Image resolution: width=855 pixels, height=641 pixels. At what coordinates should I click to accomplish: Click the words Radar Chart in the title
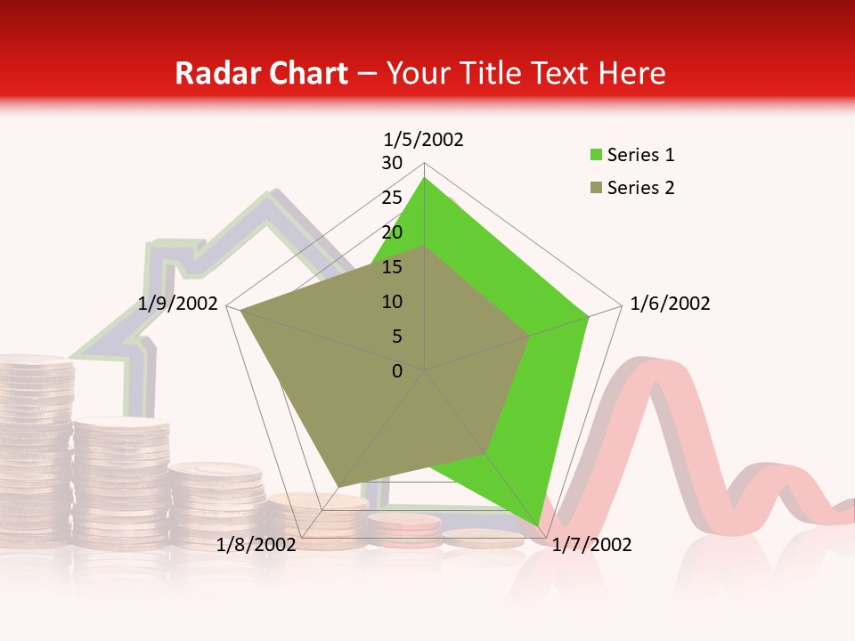[x=261, y=73]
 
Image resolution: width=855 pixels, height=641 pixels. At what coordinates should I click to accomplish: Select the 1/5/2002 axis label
[x=424, y=139]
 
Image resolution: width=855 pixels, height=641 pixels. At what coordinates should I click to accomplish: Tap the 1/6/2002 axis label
[x=670, y=304]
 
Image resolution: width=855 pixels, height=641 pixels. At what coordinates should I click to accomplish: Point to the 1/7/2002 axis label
[x=591, y=545]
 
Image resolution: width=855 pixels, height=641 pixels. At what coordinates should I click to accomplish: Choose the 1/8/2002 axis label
[x=256, y=545]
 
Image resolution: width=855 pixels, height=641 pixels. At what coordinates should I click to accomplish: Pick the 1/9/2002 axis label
[x=178, y=304]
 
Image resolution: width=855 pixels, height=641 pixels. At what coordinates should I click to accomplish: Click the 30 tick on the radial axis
[x=392, y=163]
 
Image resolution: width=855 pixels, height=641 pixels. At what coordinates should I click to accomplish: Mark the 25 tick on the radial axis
[x=392, y=198]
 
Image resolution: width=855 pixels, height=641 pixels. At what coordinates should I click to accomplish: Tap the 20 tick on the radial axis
[x=392, y=232]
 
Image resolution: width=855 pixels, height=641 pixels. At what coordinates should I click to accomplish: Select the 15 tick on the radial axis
[x=392, y=267]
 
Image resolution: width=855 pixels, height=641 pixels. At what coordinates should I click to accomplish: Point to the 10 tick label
[x=392, y=302]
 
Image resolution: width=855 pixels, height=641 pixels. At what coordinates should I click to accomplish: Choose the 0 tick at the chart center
[x=397, y=371]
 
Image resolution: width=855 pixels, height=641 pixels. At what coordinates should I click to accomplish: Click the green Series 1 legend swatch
[x=596, y=155]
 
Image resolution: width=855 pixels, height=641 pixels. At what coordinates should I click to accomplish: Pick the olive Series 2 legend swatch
[x=596, y=188]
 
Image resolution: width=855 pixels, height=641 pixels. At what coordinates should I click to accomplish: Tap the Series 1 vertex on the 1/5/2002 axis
[x=425, y=177]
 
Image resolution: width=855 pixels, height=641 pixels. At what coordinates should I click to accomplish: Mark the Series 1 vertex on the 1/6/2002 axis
[x=589, y=316]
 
